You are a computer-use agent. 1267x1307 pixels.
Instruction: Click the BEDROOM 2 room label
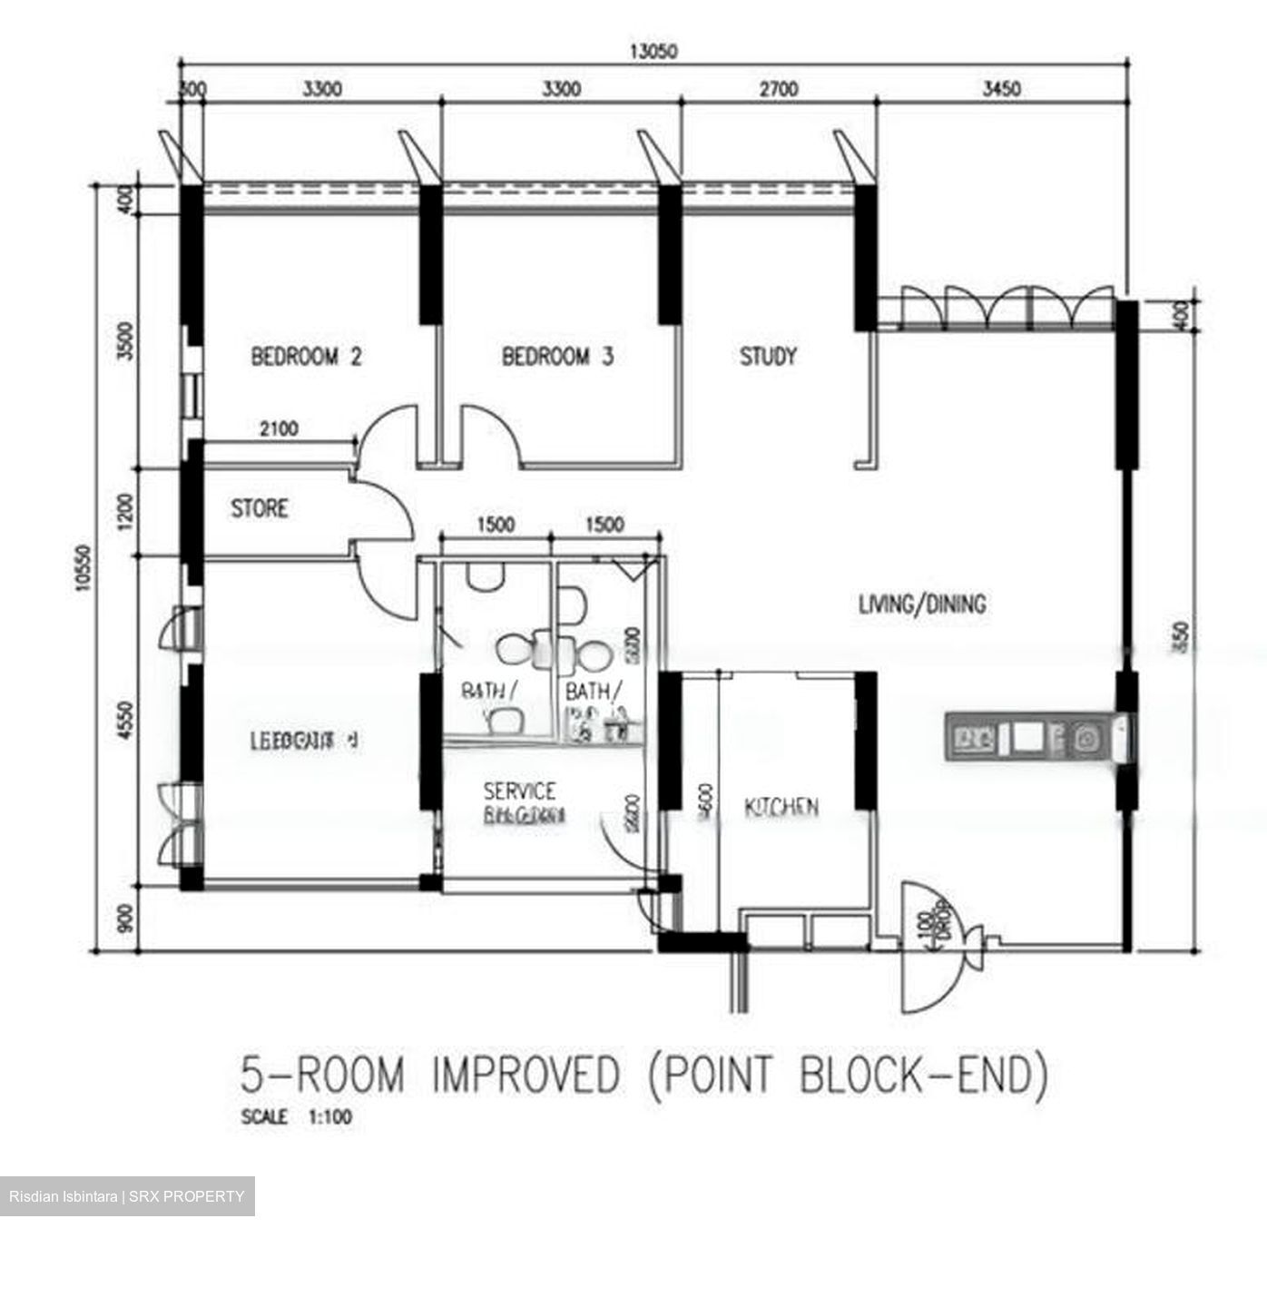point(306,356)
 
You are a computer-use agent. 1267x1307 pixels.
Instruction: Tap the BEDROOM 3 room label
point(557,356)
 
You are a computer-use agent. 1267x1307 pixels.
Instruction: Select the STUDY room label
point(768,356)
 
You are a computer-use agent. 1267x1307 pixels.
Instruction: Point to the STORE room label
point(259,508)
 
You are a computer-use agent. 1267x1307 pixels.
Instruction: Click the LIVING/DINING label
point(922,604)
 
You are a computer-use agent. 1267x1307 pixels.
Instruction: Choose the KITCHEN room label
point(781,806)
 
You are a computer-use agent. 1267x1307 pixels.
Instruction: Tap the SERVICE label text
point(519,791)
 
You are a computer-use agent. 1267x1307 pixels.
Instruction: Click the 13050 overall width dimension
point(653,51)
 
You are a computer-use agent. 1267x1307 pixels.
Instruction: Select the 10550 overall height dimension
point(83,568)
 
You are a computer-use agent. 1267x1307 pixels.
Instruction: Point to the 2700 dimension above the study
point(778,89)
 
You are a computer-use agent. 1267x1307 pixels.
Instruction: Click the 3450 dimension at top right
point(1002,89)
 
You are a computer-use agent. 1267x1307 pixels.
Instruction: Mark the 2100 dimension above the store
point(278,428)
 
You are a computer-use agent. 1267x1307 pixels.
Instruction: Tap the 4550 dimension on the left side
point(126,721)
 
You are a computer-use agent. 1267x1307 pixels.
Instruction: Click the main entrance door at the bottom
point(935,948)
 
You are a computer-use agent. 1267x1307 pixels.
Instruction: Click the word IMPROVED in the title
point(526,1076)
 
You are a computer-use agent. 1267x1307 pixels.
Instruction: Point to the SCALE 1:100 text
point(296,1117)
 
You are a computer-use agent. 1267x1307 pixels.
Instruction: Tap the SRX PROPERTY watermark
point(127,1196)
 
